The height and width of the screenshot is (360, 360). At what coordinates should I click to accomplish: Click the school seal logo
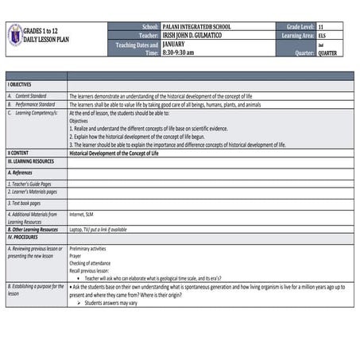(x=14, y=34)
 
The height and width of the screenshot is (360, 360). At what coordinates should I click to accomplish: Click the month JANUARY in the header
(x=173, y=45)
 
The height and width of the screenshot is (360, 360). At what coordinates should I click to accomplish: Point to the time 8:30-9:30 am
(x=180, y=52)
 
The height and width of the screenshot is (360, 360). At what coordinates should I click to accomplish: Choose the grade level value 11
(x=320, y=27)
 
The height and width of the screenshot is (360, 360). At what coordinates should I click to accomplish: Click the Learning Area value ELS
(x=321, y=36)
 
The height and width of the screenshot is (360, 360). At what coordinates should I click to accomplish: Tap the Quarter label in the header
(x=304, y=53)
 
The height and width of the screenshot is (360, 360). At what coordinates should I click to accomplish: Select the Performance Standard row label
(x=34, y=104)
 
